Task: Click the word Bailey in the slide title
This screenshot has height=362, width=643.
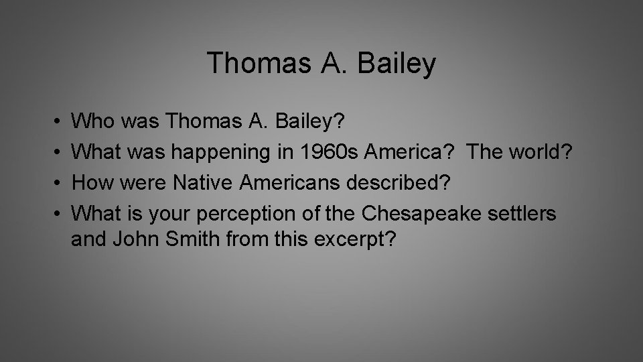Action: coord(398,64)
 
